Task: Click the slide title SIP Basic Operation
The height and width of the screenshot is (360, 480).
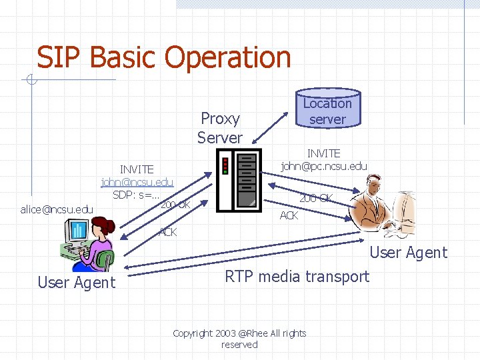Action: pos(163,57)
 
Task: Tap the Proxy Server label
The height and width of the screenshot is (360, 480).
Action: pos(220,128)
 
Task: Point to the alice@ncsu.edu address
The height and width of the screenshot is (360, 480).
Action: pos(57,209)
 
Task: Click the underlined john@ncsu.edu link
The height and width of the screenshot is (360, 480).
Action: pos(137,182)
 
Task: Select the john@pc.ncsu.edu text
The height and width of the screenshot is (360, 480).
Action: pos(324,166)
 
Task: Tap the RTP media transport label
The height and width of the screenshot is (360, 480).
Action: pos(297,277)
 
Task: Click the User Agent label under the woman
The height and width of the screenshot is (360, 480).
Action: pos(76,283)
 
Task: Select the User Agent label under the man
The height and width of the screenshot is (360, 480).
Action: pos(408,253)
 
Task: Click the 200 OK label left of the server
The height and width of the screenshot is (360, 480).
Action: pos(175,204)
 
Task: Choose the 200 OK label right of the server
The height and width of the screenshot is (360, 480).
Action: pos(315,198)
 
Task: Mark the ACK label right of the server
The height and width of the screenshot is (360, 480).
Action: pos(289,215)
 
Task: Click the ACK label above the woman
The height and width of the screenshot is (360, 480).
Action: pos(167,232)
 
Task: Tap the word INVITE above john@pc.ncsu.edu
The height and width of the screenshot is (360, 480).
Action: pos(323,153)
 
